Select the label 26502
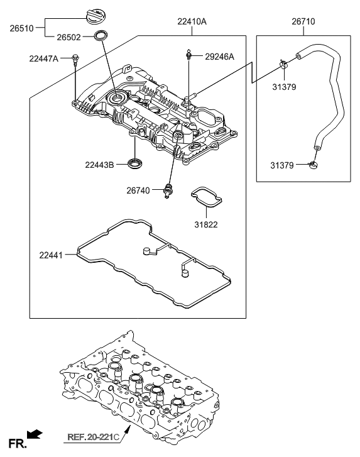pyautogui.click(x=68, y=38)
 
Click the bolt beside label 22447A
pyautogui.click(x=75, y=60)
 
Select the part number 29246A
pyautogui.click(x=219, y=57)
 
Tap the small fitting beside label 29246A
pyautogui.click(x=188, y=55)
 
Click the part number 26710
pyautogui.click(x=303, y=21)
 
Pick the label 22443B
pyautogui.click(x=100, y=165)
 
